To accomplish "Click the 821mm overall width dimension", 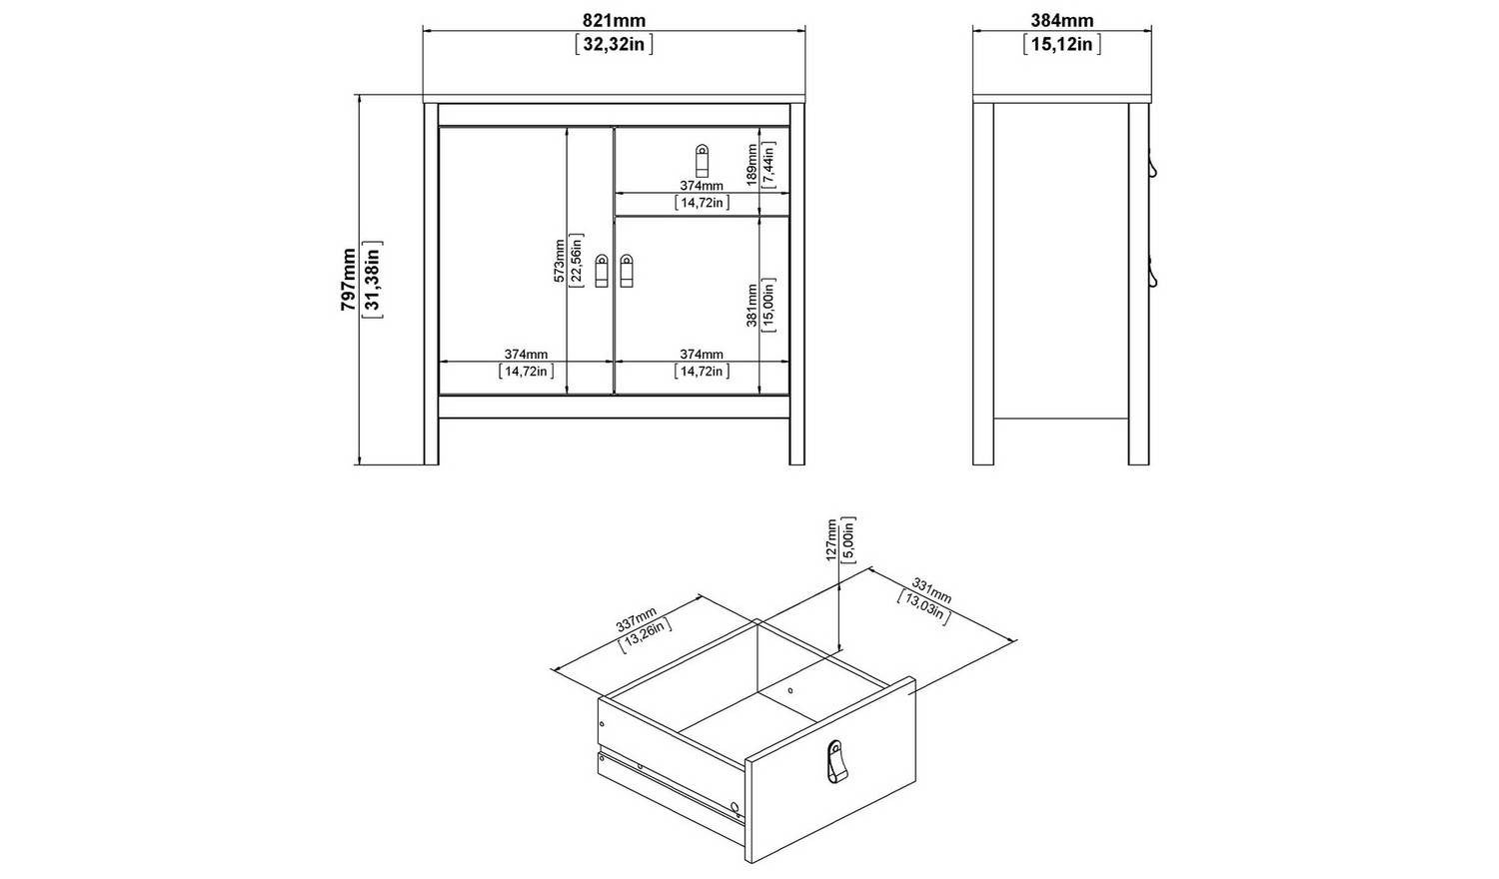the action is (614, 20).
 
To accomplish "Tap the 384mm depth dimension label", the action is (1062, 20).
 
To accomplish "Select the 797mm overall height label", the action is (349, 280).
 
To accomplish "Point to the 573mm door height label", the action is (560, 261).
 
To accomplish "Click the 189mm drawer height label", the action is (752, 165).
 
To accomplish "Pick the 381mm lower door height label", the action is (752, 305).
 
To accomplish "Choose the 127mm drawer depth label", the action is (831, 539).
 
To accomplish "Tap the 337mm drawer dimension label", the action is (636, 619).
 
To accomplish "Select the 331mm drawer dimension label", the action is (930, 591).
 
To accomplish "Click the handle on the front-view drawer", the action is (702, 161).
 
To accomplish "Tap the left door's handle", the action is (601, 271).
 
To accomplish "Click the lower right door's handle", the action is (627, 271).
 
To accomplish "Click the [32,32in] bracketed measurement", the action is (614, 44).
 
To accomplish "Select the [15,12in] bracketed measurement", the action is (1062, 44).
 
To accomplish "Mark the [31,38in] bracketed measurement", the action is (372, 280).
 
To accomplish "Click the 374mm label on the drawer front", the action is (702, 186).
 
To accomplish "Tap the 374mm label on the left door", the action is (526, 354).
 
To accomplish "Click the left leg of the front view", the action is (432, 284).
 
